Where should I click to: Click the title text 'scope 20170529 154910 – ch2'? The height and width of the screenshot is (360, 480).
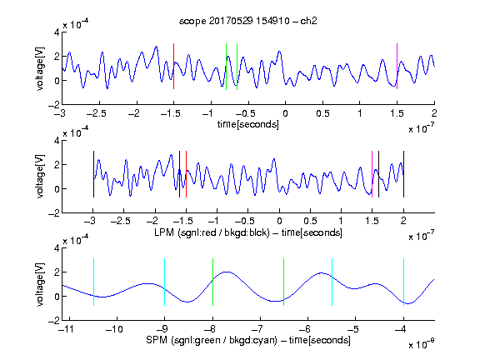click(248, 21)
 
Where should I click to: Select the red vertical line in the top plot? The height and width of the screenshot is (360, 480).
click(173, 66)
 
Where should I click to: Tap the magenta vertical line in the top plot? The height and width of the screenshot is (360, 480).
click(397, 66)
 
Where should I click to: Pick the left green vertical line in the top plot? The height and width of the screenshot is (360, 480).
click(226, 67)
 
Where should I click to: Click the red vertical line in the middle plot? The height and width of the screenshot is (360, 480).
click(186, 174)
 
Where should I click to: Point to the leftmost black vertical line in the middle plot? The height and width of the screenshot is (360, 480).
click(93, 174)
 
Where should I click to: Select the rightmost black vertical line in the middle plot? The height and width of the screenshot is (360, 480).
click(403, 174)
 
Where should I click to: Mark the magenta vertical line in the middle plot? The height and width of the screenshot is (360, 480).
click(372, 174)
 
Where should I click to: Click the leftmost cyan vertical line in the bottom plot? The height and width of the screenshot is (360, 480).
click(93, 282)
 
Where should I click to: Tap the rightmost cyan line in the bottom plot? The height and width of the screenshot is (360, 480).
click(403, 282)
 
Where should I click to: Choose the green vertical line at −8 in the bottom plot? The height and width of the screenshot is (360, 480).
click(212, 282)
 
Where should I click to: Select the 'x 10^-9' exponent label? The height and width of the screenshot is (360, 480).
click(422, 344)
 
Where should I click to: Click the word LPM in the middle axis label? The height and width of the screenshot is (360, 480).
click(164, 232)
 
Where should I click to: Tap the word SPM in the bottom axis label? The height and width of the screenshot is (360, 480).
click(157, 340)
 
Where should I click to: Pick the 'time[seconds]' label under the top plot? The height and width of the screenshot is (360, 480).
click(248, 124)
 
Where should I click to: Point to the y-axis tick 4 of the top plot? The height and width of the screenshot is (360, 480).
click(57, 32)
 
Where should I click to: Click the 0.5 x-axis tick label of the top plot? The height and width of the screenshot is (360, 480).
click(322, 113)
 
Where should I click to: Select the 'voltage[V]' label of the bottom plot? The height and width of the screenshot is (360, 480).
click(40, 284)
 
